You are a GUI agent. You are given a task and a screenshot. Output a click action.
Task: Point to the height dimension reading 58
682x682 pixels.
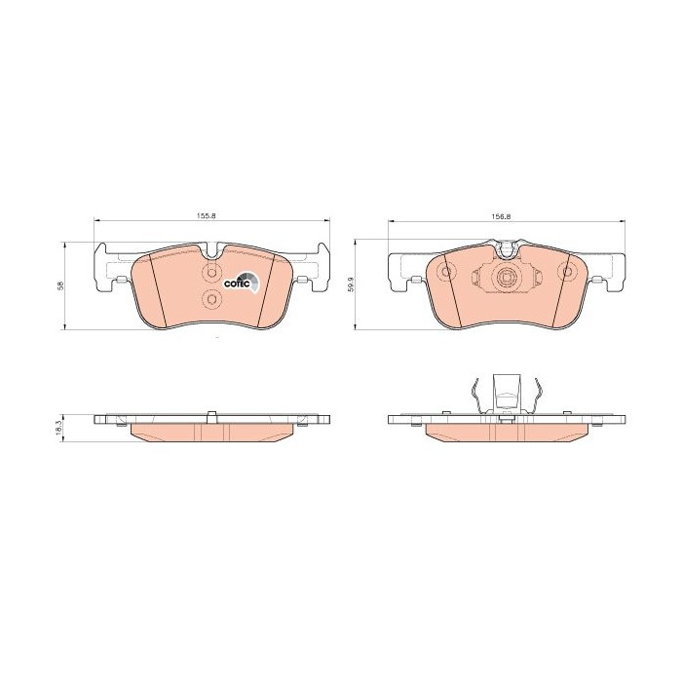pyautogui.click(x=60, y=285)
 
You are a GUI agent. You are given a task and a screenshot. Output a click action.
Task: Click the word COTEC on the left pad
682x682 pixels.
pyautogui.click(x=237, y=284)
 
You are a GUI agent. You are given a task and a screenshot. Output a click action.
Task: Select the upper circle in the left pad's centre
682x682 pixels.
pyautogui.click(x=212, y=273)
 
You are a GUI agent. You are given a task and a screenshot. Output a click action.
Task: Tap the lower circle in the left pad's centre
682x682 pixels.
pyautogui.click(x=212, y=299)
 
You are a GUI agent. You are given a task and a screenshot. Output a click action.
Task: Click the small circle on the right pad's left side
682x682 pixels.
pyautogui.click(x=446, y=273)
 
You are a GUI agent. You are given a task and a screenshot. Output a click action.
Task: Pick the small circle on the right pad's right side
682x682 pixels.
pyautogui.click(x=567, y=272)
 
